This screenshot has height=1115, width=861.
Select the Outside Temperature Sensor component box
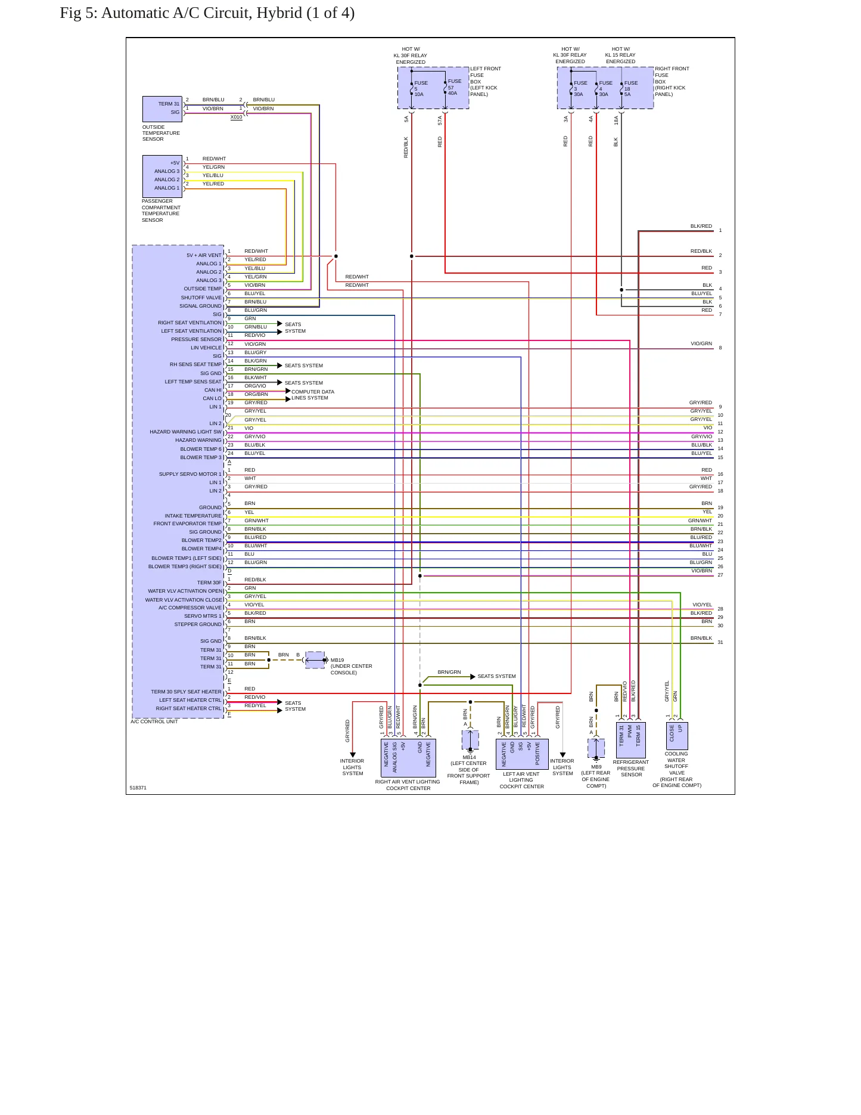pyautogui.click(x=162, y=109)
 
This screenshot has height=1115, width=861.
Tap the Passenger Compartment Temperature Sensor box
pyautogui.click(x=162, y=176)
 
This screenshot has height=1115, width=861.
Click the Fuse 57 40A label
pyautogui.click(x=455, y=87)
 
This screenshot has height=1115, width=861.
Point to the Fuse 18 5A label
pyautogui.click(x=630, y=88)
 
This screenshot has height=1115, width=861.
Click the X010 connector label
pyautogui.click(x=237, y=117)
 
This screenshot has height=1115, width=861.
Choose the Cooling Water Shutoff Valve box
pyautogui.click(x=676, y=736)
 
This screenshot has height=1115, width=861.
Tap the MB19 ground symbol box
pyautogui.click(x=315, y=660)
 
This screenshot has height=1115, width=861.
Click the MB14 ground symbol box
pyautogui.click(x=470, y=740)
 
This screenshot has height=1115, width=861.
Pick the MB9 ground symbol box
pyautogui.click(x=596, y=748)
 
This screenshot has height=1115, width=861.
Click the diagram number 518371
pyautogui.click(x=138, y=788)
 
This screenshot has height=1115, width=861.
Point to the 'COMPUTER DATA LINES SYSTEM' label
pyautogui.click(x=313, y=395)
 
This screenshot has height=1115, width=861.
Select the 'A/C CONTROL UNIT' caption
pyautogui.click(x=154, y=721)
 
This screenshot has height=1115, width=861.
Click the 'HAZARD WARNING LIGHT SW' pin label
pyautogui.click(x=185, y=432)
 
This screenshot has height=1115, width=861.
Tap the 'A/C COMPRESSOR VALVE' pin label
pyautogui.click(x=190, y=608)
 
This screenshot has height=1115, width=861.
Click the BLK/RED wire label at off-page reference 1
pyautogui.click(x=701, y=226)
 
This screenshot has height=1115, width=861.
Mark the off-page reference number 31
pyautogui.click(x=720, y=642)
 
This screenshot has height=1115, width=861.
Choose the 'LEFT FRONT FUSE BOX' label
pyautogui.click(x=486, y=75)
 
